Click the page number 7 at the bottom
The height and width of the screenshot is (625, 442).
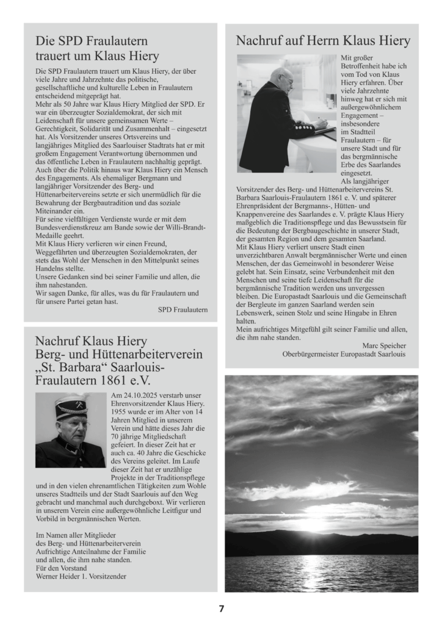[x=222, y=609]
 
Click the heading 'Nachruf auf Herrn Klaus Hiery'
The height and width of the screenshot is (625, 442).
[x=323, y=42]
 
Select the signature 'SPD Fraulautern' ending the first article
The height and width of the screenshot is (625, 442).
[x=183, y=310]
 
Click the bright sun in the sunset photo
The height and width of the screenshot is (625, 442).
[x=322, y=524]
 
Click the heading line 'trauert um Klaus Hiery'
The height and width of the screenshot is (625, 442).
[x=97, y=56]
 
